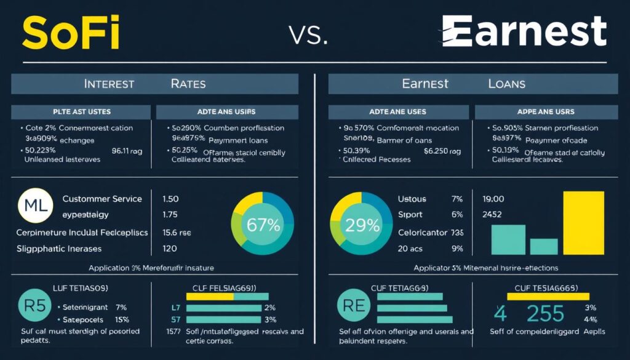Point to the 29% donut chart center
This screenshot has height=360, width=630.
(x=363, y=225)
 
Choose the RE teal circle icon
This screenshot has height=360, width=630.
(x=355, y=305)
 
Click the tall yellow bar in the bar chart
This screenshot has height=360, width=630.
(x=584, y=223)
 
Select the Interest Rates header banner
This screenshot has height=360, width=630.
(x=154, y=83)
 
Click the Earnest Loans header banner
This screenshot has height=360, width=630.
(x=473, y=83)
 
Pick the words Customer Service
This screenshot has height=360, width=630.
(x=102, y=199)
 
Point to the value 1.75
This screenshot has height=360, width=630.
(x=170, y=215)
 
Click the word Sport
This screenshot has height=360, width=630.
(x=410, y=215)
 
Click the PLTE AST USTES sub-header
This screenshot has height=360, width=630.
(x=81, y=112)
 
